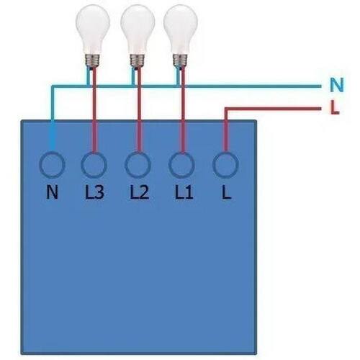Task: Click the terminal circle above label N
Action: pyautogui.click(x=40, y=165)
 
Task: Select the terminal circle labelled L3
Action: pyautogui.click(x=81, y=165)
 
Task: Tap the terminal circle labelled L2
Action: pyautogui.click(x=126, y=165)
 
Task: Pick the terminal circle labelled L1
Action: pyautogui.click(x=170, y=165)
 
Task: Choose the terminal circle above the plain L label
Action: pyautogui.click(x=214, y=165)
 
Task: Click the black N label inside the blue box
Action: pyautogui.click(x=52, y=192)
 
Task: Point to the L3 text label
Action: pyautogui.click(x=94, y=192)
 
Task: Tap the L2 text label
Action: pyautogui.click(x=139, y=192)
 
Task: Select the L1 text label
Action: pyautogui.click(x=184, y=192)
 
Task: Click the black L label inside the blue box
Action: pyautogui.click(x=226, y=192)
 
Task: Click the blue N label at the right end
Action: pyautogui.click(x=337, y=85)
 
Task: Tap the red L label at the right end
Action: pyautogui.click(x=334, y=107)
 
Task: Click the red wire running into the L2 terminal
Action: pyautogui.click(x=139, y=110)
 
